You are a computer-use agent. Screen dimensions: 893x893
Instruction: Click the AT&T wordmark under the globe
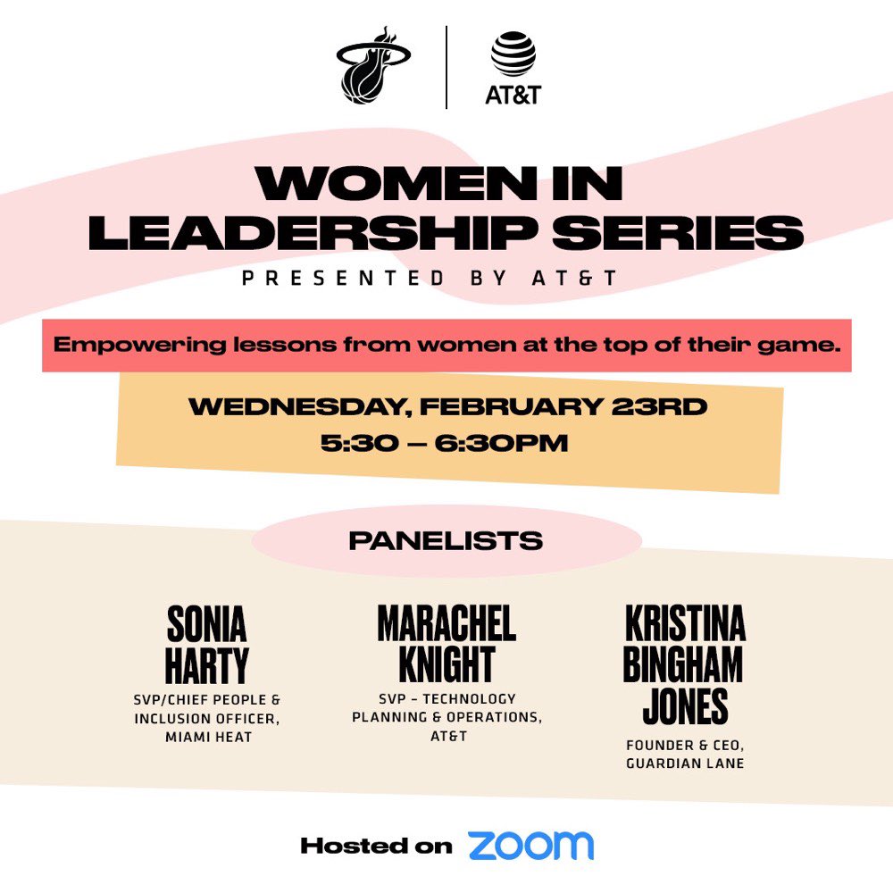[513, 94]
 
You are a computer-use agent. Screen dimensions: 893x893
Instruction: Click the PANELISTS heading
[446, 540]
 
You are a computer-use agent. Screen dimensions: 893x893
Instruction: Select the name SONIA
[206, 626]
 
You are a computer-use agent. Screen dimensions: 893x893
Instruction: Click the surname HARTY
[207, 666]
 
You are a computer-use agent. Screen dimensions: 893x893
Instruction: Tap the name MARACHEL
[446, 624]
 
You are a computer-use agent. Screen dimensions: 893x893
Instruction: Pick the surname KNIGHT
[446, 665]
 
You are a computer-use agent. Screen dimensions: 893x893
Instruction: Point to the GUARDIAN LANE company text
[685, 764]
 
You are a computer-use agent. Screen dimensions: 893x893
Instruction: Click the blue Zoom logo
[530, 845]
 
